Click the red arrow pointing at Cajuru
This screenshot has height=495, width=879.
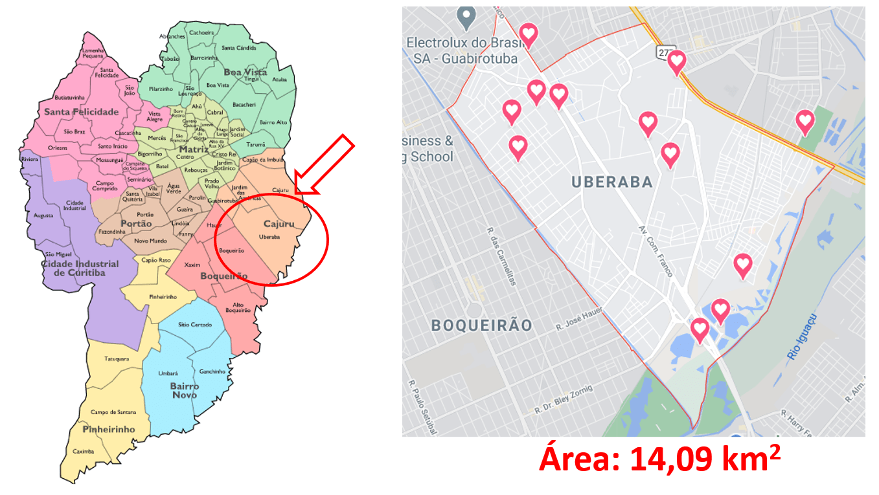[x=324, y=165]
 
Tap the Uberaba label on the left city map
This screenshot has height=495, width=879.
[x=269, y=237]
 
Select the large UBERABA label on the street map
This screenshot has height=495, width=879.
[x=611, y=182]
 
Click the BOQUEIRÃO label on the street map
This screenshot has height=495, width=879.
[x=481, y=325]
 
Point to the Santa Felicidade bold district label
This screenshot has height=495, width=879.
[x=81, y=112]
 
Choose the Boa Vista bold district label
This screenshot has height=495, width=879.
[x=245, y=72]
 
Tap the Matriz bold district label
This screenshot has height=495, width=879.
[x=194, y=149]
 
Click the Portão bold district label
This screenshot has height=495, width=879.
[x=136, y=224]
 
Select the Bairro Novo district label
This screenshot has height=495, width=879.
[x=185, y=390]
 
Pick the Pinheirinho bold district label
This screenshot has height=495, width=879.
[x=109, y=429]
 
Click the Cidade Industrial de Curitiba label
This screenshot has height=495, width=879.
[x=80, y=268]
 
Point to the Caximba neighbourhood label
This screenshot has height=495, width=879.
[x=83, y=451]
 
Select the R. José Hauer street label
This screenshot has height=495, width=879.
[x=579, y=320]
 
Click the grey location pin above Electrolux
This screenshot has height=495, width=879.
[x=466, y=16]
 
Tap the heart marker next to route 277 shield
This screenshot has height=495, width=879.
[x=677, y=61]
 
